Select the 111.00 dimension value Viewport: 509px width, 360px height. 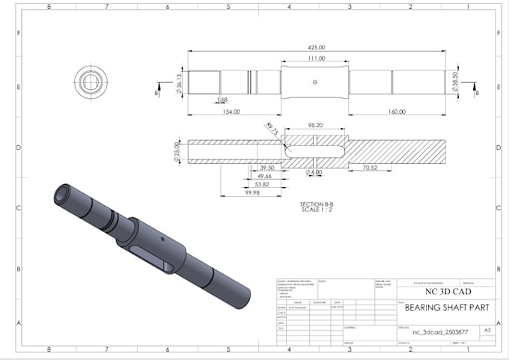315,58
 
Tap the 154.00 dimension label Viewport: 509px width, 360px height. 231,112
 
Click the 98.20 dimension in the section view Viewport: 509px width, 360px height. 314,125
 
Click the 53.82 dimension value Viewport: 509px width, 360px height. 261,184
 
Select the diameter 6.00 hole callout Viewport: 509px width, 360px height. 314,173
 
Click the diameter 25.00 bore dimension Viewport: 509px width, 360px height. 177,150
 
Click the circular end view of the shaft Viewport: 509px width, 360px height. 91,80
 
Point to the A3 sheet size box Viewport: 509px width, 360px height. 488,329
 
